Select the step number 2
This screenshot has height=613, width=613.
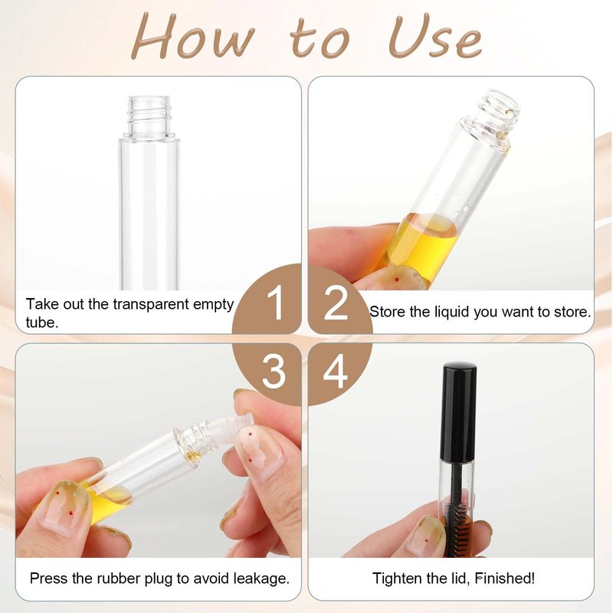(336, 303)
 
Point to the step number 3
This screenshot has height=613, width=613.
(274, 371)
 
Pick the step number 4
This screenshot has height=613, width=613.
(336, 371)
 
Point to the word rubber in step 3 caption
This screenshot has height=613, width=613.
(119, 578)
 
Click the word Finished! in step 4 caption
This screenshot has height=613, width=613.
(505, 578)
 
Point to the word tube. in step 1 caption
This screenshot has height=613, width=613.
(42, 323)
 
